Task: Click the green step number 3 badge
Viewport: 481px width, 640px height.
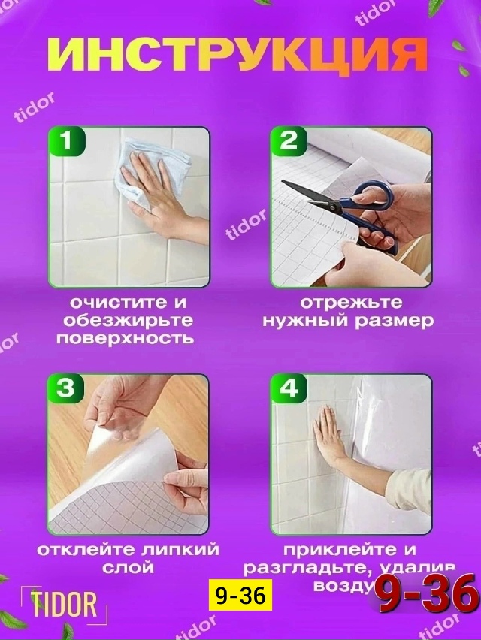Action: [67, 389]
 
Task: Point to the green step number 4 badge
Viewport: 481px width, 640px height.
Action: [289, 389]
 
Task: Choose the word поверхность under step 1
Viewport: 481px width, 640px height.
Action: [125, 339]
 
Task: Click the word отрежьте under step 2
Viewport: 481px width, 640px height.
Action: [351, 303]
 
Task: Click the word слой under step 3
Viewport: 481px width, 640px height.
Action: [128, 567]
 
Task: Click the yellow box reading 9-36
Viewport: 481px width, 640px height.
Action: [240, 596]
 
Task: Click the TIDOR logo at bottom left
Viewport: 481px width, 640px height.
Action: [64, 604]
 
